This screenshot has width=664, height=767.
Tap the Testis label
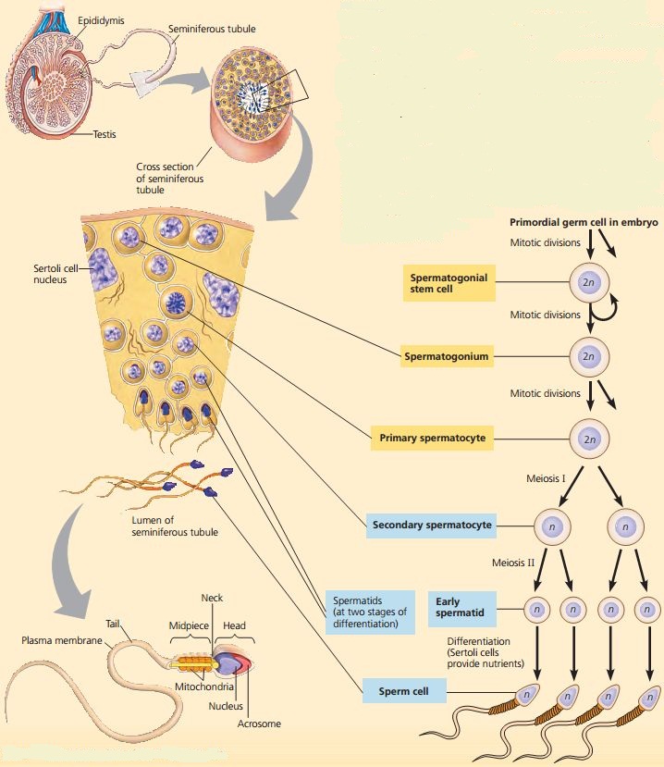104,135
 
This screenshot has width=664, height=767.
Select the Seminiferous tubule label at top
212,30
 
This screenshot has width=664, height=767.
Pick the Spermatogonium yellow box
446,355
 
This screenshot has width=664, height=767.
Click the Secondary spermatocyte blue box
430,526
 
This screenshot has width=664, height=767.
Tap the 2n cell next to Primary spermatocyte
588,436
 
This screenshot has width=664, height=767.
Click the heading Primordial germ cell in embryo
583,223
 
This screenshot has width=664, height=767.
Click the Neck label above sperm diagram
212,599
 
